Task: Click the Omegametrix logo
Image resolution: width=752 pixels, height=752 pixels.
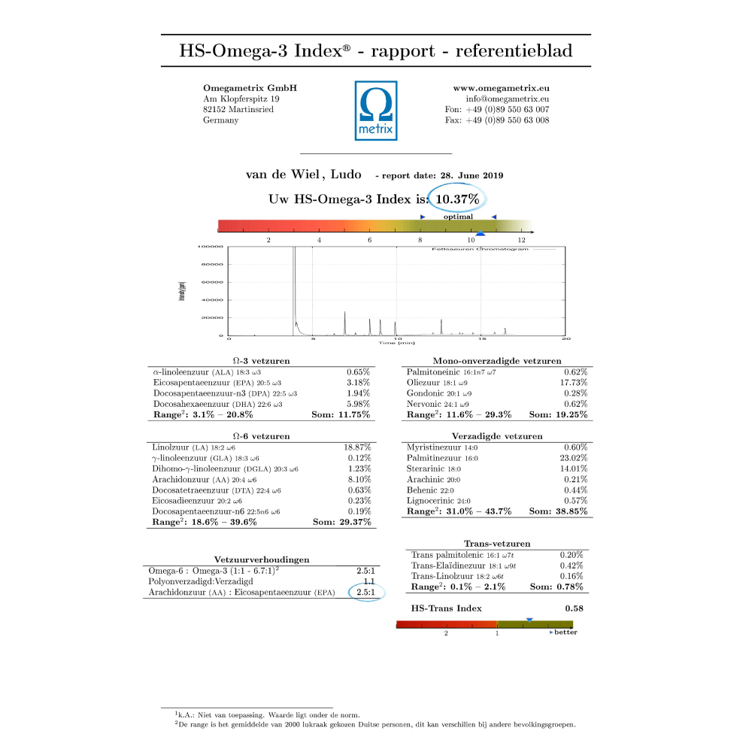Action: pyautogui.click(x=376, y=111)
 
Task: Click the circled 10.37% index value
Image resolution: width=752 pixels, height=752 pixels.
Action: pyautogui.click(x=458, y=199)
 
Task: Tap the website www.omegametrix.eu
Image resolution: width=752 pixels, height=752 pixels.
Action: pyautogui.click(x=501, y=88)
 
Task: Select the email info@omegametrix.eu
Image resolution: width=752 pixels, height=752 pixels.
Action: pyautogui.click(x=508, y=99)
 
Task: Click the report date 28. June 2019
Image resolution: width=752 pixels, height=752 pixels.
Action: pyautogui.click(x=472, y=176)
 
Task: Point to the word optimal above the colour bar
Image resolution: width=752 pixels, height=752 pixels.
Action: pyautogui.click(x=458, y=217)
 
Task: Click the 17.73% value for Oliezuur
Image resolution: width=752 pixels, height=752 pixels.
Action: pyautogui.click(x=575, y=383)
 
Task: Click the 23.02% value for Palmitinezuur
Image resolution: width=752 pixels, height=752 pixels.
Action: pyautogui.click(x=575, y=457)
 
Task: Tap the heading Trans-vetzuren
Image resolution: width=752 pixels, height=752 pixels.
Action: pyautogui.click(x=497, y=544)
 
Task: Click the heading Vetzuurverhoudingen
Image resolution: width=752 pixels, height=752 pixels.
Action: pyautogui.click(x=262, y=559)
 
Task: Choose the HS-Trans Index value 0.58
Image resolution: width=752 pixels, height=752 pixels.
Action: pyautogui.click(x=574, y=608)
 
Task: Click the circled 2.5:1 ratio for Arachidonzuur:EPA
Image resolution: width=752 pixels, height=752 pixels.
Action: pyautogui.click(x=367, y=593)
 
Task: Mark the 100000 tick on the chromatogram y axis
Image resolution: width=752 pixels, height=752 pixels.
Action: pyautogui.click(x=210, y=247)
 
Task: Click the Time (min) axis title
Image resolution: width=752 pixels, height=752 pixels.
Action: pyautogui.click(x=396, y=343)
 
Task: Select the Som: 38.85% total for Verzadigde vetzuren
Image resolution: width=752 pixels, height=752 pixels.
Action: pyautogui.click(x=559, y=511)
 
